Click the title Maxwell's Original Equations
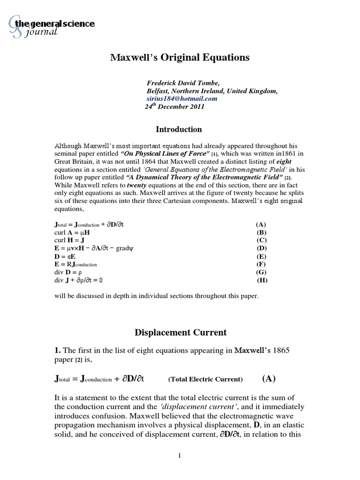pos(180,57)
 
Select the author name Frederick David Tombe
pos(180,83)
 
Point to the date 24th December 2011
pos(174,106)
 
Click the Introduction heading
pos(179,129)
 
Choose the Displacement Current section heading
pos(180,332)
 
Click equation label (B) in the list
pos(262,232)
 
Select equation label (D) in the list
pos(262,248)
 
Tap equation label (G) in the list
pos(262,272)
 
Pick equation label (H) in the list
pos(262,280)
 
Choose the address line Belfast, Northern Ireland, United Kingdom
pos(212,91)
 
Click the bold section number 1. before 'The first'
pos(58,350)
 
